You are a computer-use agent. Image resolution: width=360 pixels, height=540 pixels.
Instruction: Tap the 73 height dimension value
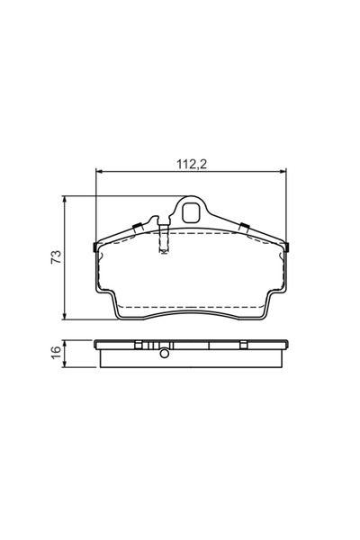(56, 256)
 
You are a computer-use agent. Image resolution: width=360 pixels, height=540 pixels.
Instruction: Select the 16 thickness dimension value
(56, 353)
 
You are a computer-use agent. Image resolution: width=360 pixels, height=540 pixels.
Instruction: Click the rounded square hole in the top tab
(192, 212)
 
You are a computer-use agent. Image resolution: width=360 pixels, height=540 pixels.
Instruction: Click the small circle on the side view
(165, 352)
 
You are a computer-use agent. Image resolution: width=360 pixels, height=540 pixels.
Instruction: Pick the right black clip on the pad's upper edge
(243, 225)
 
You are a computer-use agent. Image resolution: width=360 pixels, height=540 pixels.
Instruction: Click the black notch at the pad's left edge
(95, 247)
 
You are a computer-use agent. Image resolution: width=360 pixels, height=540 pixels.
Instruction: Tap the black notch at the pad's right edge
(288, 247)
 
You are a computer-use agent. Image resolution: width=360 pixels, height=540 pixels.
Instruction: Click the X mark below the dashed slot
(162, 253)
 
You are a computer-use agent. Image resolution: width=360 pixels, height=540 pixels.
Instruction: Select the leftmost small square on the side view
(138, 345)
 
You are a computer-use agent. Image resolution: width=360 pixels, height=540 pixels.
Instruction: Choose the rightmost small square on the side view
(244, 345)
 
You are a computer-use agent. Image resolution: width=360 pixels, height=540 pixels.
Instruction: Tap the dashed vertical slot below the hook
(162, 239)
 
